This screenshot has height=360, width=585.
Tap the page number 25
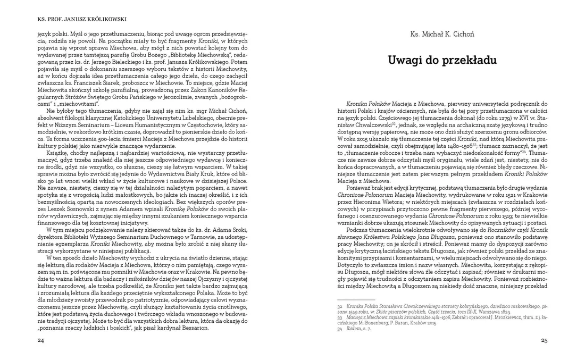coord(544,340)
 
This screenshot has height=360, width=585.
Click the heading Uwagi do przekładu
coord(442,60)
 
